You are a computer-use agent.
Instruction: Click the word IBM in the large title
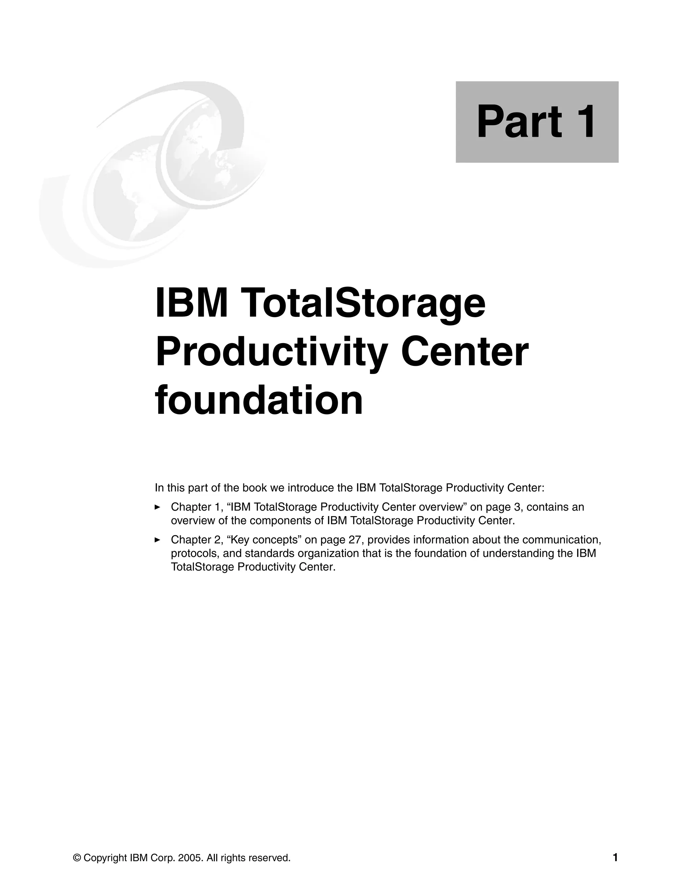192,304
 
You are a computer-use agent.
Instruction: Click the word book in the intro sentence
254,488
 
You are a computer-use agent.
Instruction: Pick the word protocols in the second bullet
194,554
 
